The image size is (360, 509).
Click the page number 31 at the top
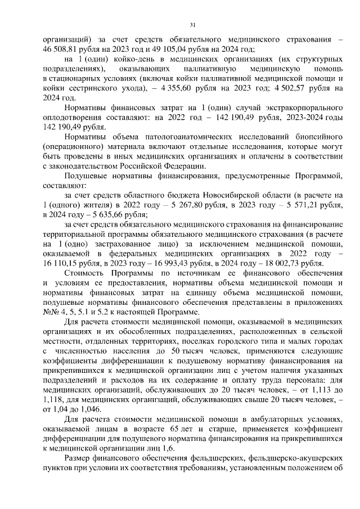tap(193, 25)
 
